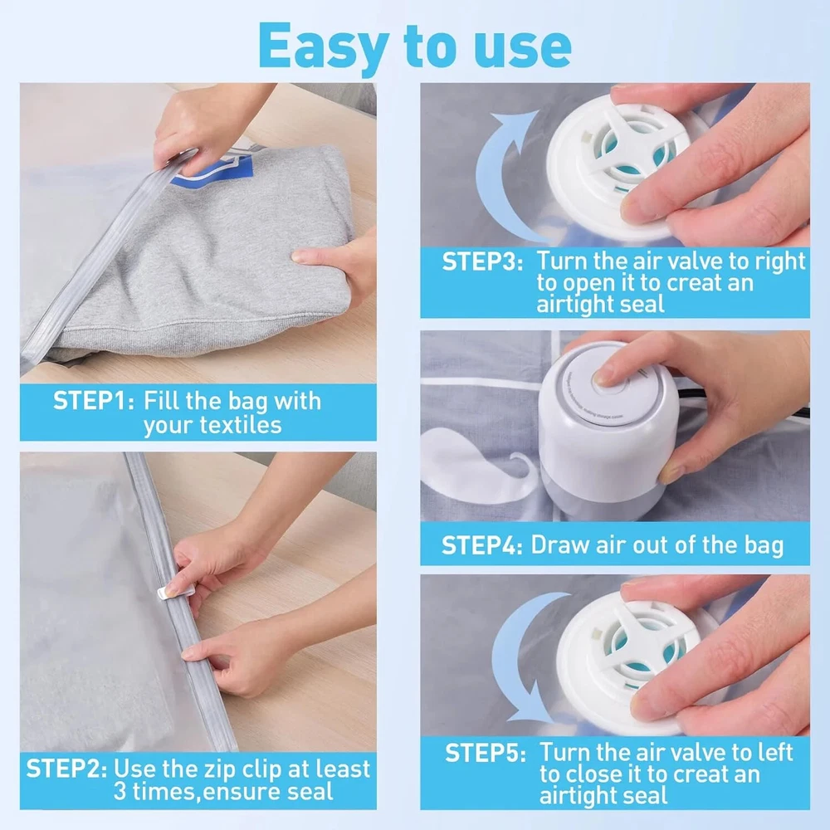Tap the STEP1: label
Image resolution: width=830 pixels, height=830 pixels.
point(94,401)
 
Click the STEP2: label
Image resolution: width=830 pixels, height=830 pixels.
point(66,769)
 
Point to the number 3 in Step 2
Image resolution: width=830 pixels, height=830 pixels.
point(120,792)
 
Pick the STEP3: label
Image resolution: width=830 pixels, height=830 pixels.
point(482,262)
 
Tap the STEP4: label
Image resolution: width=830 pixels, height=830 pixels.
point(481,545)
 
